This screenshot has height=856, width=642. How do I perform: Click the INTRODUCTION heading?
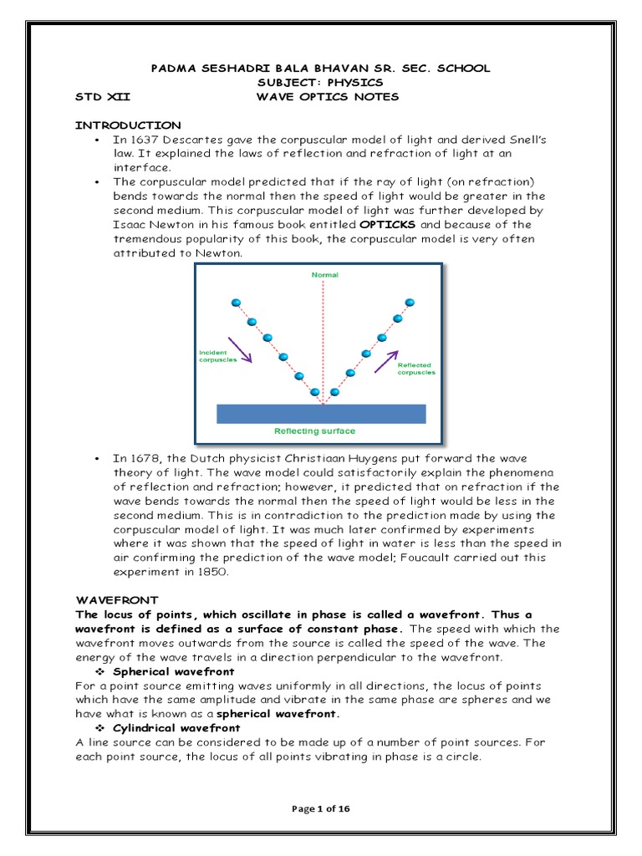point(128,125)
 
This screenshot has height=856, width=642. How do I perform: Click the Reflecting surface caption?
point(315,431)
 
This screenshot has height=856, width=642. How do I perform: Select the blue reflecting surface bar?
point(321,414)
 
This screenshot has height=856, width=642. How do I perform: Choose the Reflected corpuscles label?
point(415,369)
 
